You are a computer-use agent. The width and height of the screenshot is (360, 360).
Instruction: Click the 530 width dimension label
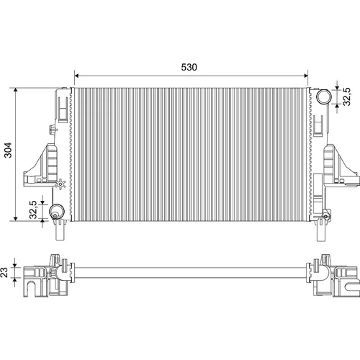coord(189,67)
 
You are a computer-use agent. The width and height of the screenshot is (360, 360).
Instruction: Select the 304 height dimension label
coord(8,150)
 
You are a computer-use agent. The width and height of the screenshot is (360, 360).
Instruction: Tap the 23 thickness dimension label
coord(4,272)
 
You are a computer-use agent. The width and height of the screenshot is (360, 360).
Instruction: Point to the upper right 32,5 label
coord(347,96)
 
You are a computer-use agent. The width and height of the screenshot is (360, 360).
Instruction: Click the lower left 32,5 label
coord(33,210)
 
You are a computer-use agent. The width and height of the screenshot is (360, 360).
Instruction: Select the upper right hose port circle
coord(324,96)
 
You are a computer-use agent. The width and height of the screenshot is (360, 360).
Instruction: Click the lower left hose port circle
coord(57,212)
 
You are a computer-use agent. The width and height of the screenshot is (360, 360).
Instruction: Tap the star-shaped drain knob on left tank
coord(60,184)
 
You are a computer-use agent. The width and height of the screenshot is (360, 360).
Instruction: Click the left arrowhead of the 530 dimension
coord(76,76)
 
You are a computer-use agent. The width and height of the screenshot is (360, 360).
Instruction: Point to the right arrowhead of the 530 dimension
coord(306,76)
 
